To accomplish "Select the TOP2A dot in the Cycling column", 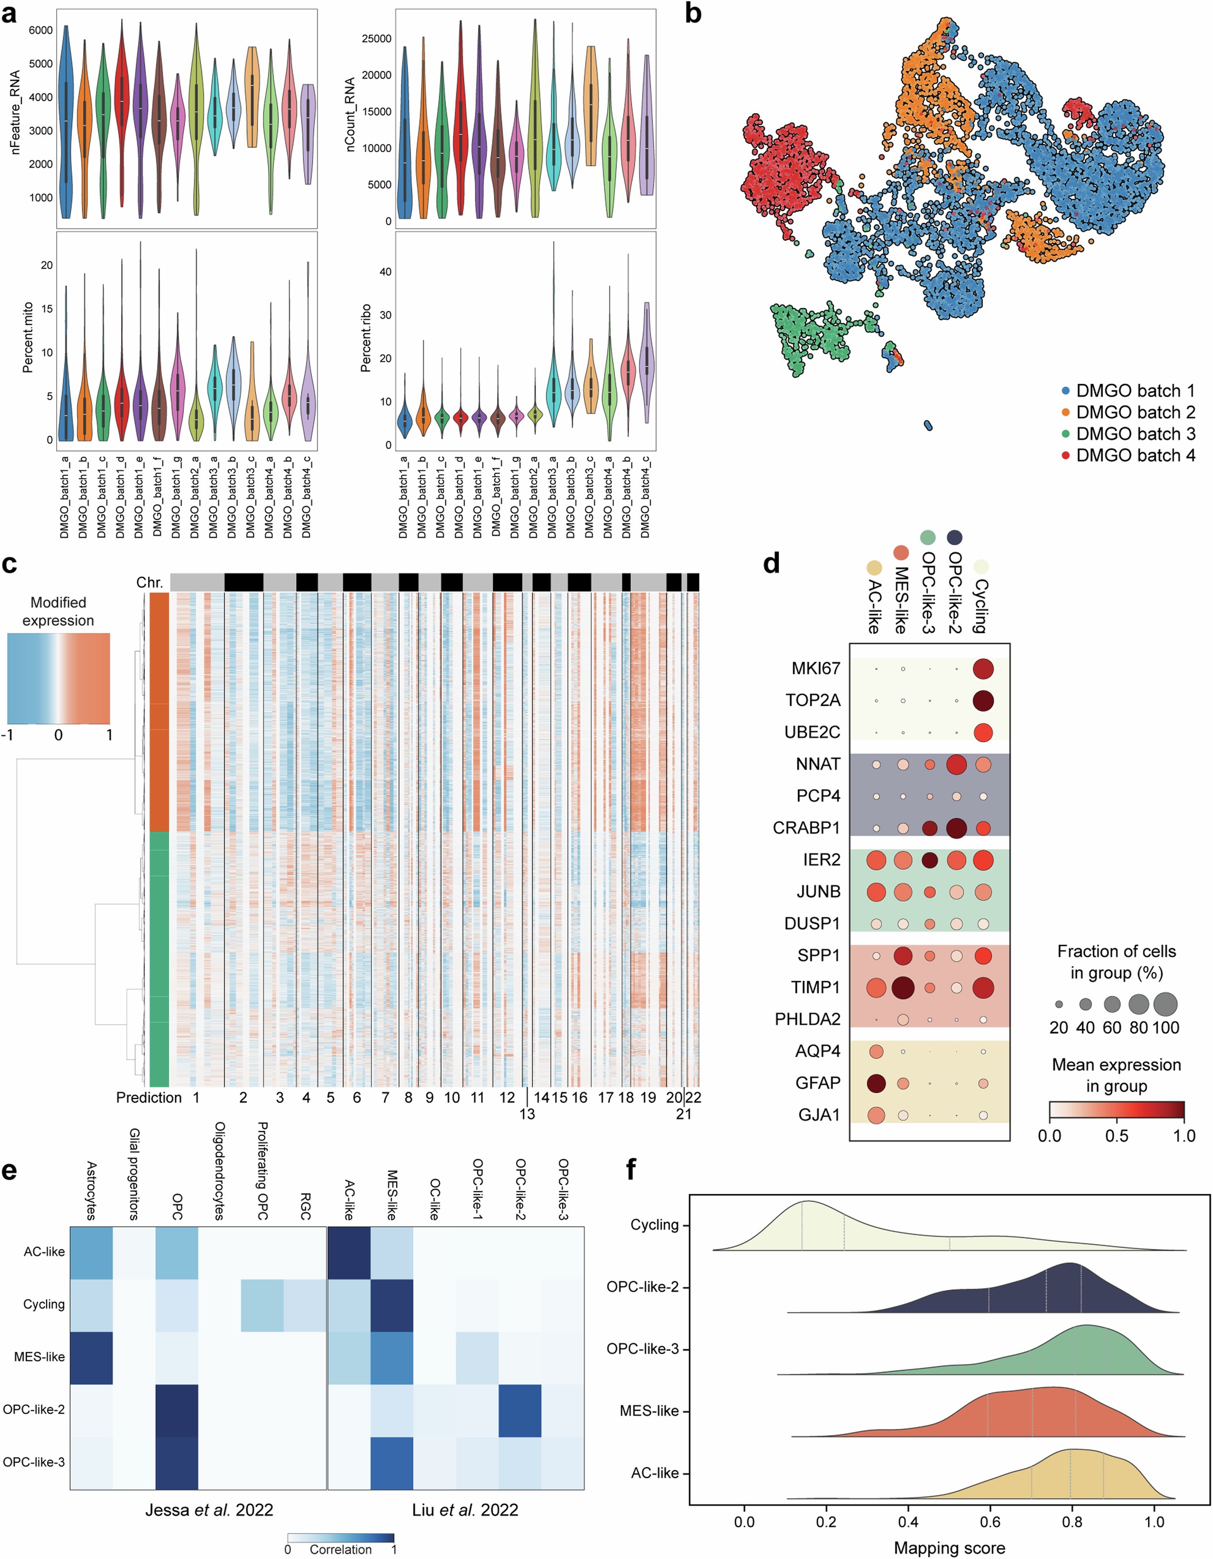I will (x=983, y=700).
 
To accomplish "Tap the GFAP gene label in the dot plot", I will (x=817, y=1084).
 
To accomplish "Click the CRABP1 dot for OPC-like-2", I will (x=956, y=828).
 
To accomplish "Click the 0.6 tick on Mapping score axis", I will (x=990, y=1521).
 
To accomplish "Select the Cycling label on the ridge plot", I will (x=654, y=1225).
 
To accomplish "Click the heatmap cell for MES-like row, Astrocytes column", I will (x=91, y=1357).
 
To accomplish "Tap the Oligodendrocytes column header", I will (x=220, y=1170).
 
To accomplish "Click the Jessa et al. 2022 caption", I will (x=209, y=1510).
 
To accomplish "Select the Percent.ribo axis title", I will (x=366, y=338).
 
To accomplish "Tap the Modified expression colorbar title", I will (x=59, y=612).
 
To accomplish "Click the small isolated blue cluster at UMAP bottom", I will (x=928, y=425).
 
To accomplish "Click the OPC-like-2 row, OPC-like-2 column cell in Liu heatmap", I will (x=520, y=1410).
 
